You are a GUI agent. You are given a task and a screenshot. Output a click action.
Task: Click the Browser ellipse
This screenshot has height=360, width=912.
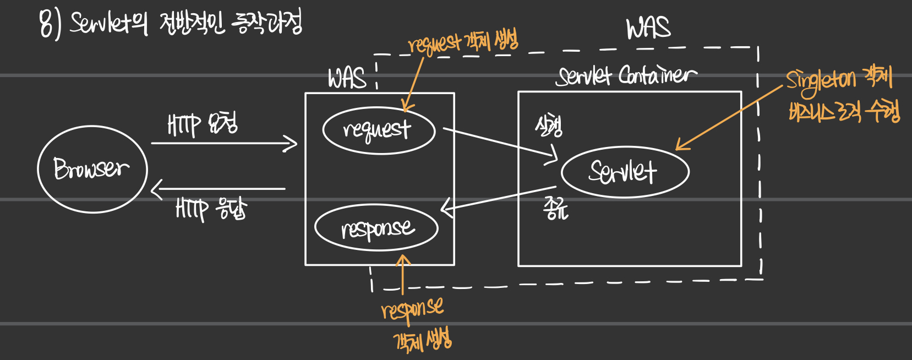(x=92, y=169)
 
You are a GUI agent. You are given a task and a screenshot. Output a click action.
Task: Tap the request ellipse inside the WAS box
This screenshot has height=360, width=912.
(x=379, y=130)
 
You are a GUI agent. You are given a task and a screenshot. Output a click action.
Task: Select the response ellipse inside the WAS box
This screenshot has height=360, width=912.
(x=376, y=227)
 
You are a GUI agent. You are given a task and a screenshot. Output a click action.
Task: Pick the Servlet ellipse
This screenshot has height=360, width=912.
(x=625, y=172)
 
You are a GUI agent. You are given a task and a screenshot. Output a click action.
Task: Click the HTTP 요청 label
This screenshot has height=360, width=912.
(x=203, y=124)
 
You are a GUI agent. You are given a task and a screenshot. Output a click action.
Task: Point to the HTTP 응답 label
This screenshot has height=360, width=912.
(x=211, y=209)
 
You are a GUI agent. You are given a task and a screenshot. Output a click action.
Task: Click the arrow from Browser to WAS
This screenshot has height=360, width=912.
(x=223, y=144)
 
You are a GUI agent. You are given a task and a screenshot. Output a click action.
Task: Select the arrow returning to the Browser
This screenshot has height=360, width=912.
(x=218, y=189)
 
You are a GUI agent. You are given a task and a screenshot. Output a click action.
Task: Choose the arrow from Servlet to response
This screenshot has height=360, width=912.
(x=498, y=199)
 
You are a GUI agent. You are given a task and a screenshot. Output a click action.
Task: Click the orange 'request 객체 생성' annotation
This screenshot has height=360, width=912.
(x=463, y=42)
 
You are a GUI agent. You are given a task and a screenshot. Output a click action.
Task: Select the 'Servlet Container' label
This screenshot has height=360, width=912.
(x=626, y=76)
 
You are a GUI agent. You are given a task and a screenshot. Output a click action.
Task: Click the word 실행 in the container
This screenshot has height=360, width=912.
(x=548, y=126)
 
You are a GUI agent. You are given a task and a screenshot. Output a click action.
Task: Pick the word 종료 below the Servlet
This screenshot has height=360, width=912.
(x=555, y=209)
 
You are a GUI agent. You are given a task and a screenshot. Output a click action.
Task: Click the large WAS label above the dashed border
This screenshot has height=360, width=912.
(x=648, y=28)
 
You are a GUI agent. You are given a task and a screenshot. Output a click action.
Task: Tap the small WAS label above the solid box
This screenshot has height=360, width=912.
(x=347, y=79)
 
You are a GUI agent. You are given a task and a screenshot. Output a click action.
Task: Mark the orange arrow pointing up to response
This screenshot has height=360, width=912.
(x=403, y=275)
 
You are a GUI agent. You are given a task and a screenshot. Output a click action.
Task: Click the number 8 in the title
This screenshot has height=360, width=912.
(x=47, y=25)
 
